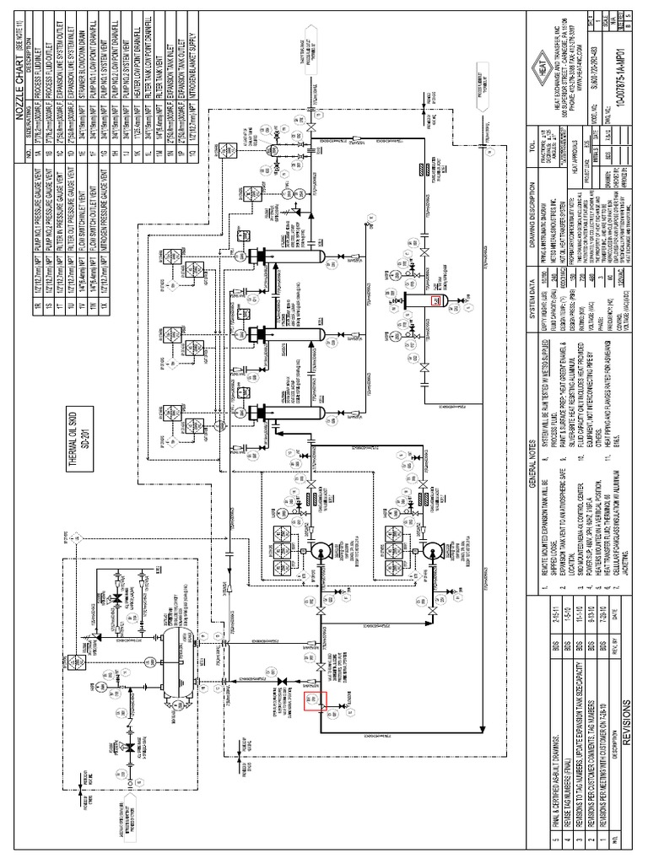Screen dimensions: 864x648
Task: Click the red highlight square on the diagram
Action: (x=314, y=701)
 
